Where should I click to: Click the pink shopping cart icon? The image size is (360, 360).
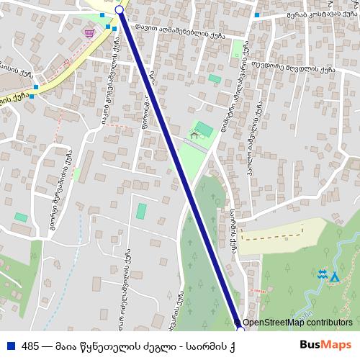[89, 33]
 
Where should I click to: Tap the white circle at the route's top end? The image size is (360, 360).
[120, 10]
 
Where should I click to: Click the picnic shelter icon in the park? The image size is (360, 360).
[193, 134]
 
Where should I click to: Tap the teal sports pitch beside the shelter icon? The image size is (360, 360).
[204, 130]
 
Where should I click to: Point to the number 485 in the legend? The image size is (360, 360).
[30, 346]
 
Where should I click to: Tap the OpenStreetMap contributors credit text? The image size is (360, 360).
[297, 323]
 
